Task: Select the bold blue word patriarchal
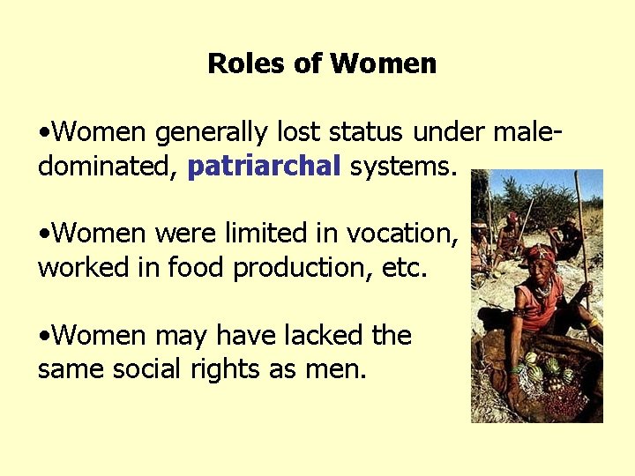point(264,166)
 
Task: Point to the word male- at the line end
point(527,132)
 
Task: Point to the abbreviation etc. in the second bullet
point(404,268)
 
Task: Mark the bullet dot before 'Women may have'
point(44,336)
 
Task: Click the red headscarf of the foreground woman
point(539,255)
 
